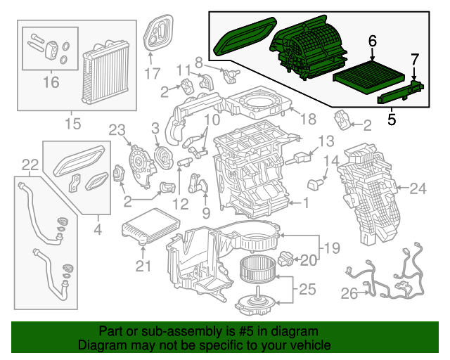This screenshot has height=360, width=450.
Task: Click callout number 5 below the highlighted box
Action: pyautogui.click(x=390, y=119)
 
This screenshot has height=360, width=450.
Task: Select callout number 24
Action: pyautogui.click(x=418, y=188)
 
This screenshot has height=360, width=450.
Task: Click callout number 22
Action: pyautogui.click(x=29, y=165)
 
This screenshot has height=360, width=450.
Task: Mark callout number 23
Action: pyautogui.click(x=116, y=129)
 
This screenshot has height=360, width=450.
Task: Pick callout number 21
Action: pyautogui.click(x=143, y=265)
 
